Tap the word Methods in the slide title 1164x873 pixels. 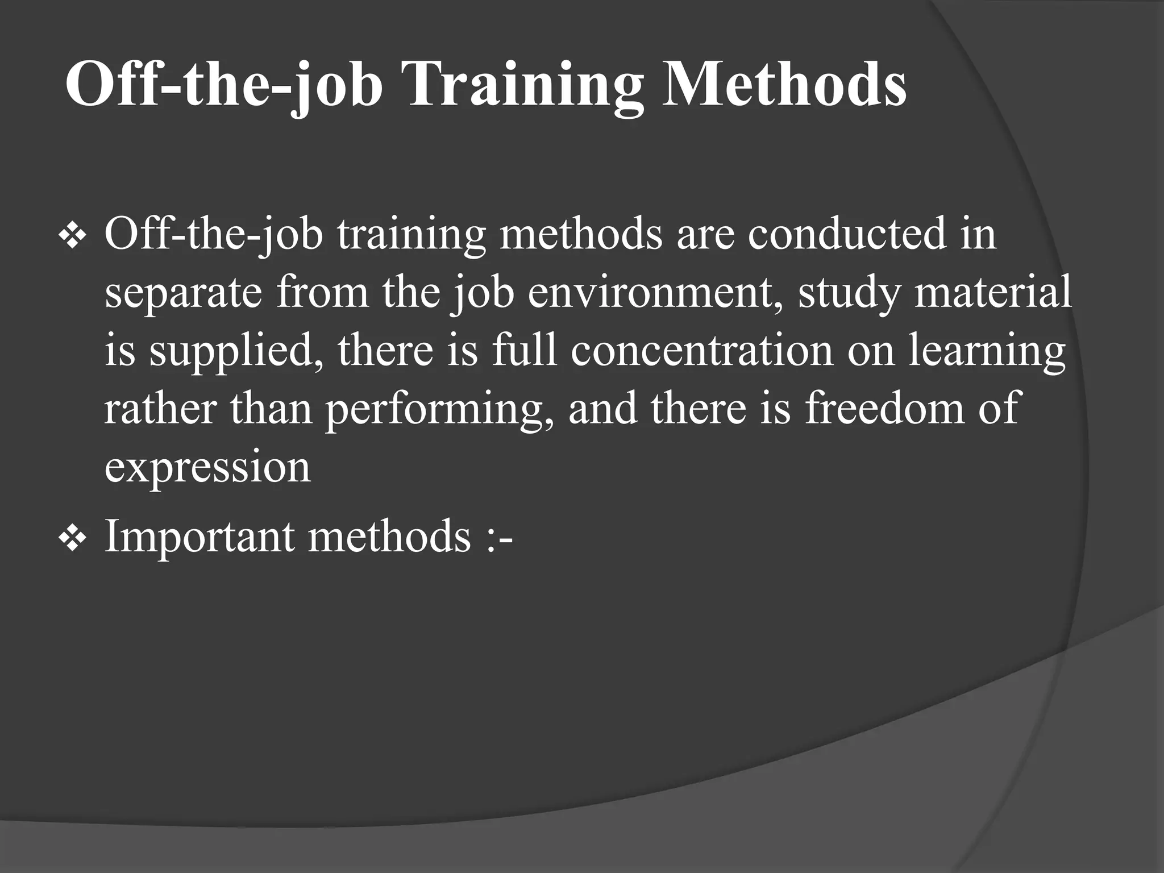[784, 85]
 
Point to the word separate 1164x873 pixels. [183, 293]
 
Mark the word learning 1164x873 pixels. [987, 351]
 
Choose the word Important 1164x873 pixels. [199, 537]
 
